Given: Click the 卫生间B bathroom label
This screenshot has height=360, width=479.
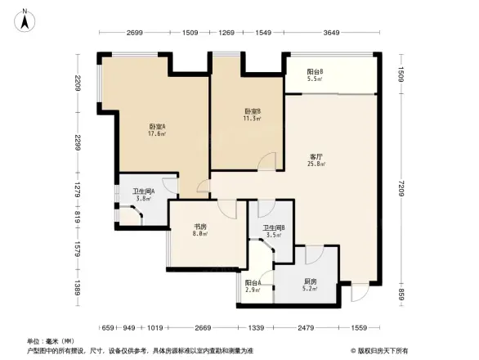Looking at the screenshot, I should (x=273, y=231).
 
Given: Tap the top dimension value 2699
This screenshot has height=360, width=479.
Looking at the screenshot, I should (x=136, y=33).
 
